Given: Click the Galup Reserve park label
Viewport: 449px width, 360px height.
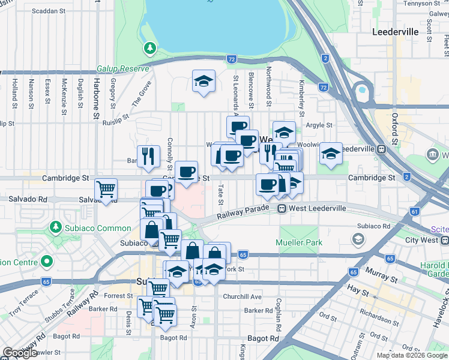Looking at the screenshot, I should tap(122, 69).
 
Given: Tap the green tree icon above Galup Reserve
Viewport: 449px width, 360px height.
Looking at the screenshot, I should tap(148, 47).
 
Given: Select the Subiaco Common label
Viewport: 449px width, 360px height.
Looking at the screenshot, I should tap(98, 228).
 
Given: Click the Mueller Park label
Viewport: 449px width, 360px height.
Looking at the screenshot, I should tap(299, 242).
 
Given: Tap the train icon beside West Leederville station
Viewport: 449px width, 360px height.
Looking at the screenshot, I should tap(281, 208).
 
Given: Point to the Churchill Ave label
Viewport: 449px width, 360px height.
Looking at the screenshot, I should tap(243, 296).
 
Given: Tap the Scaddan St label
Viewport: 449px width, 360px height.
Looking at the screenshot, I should tap(49, 11).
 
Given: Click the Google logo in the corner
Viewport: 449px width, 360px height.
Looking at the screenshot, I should tap(20, 353).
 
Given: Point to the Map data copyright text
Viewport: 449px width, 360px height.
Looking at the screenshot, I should tap(412, 355).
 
